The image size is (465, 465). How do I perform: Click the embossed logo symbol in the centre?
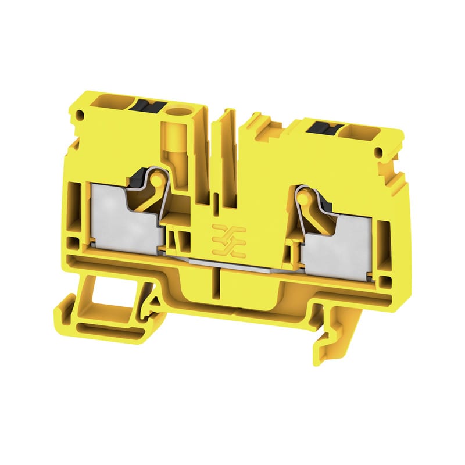[x=228, y=239]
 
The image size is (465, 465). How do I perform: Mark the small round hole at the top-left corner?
[x=81, y=116]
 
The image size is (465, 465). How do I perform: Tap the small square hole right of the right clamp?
[x=385, y=283]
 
